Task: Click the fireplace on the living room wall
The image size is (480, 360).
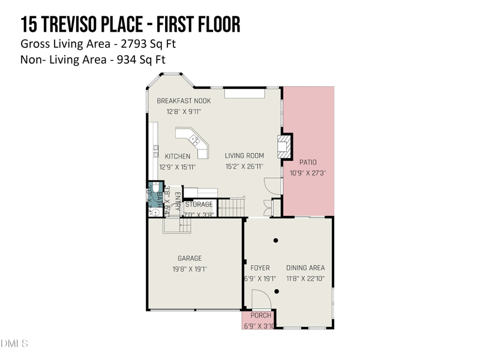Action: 284,146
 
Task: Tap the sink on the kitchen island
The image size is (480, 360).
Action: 194,140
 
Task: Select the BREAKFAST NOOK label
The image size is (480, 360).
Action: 184,101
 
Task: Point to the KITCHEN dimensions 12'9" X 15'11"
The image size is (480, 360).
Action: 178,167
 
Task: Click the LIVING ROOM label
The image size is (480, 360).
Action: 244,156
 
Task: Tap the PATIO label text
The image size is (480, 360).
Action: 308,162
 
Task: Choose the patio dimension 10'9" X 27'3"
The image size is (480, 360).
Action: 308,173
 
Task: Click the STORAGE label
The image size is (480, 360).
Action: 199,205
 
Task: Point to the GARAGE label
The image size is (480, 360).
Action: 189,259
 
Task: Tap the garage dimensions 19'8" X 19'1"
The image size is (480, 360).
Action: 189,269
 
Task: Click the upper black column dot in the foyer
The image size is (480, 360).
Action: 276,241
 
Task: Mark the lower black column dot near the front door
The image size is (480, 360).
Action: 277,292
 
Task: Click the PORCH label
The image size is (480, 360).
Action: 260,316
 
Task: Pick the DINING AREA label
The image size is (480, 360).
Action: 305,268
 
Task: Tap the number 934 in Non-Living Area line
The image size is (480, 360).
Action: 122,59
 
